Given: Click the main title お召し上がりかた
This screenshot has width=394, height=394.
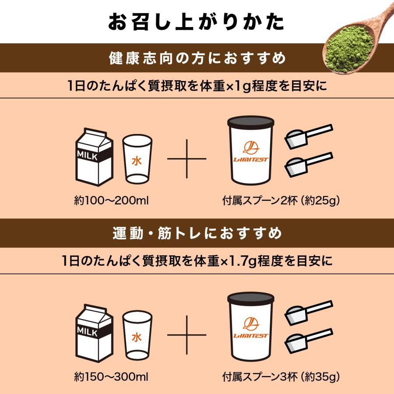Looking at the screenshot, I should coord(197,22).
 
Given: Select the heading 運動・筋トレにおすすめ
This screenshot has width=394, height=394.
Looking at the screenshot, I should coord(197,234).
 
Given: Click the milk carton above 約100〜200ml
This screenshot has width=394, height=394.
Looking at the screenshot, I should coord(94,158).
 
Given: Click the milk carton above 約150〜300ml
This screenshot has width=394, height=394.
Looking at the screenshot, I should coord(94,334).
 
